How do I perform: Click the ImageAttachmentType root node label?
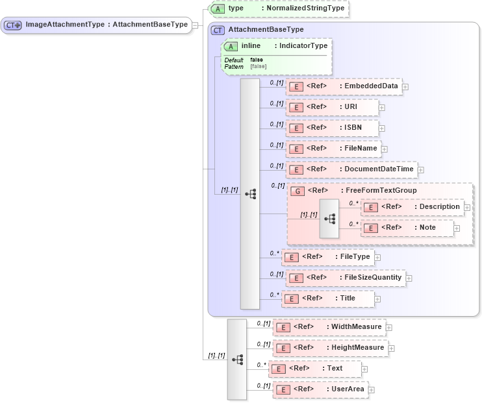coord(107,25)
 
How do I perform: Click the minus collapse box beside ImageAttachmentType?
coord(196,25)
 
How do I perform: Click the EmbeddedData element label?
coord(371,86)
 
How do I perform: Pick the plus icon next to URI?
coord(382,107)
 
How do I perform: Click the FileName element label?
coord(361,149)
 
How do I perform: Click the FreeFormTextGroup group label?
coord(380,191)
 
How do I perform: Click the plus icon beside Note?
coord(457,228)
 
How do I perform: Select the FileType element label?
coord(355,257)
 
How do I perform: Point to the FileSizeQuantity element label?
coord(372,278)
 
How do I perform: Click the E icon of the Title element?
coord(294,299)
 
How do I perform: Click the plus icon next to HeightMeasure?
coord(391,348)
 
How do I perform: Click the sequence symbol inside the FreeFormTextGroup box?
coord(329,219)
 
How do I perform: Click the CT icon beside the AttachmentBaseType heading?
coord(218,30)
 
